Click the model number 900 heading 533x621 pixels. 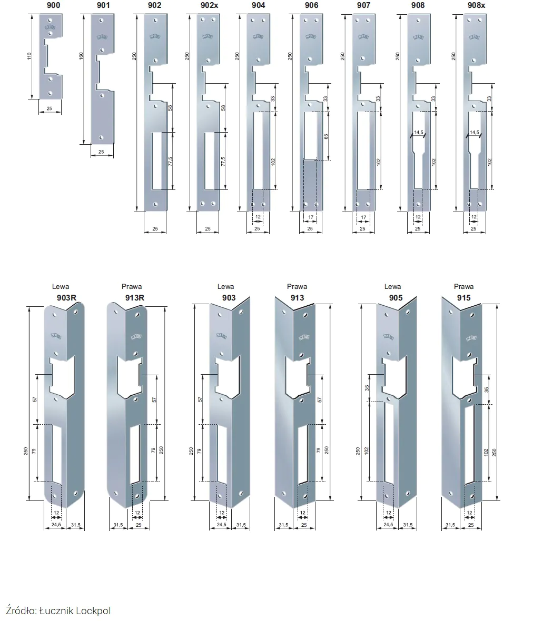coord(54,5)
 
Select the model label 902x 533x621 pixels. coord(210,5)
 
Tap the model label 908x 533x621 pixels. coord(476,5)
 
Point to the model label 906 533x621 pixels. coord(311,5)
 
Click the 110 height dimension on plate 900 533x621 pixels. coord(29,56)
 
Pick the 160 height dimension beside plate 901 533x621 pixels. coord(81,56)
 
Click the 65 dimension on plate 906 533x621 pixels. coord(326,136)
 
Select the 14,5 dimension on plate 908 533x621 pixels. coord(419,132)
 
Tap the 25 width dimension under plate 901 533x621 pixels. coord(101,152)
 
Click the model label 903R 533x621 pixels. coord(66,298)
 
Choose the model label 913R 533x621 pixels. coord(135,298)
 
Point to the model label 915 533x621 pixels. coord(463,298)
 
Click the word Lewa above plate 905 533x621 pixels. coord(392,286)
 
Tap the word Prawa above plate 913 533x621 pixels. coord(297,286)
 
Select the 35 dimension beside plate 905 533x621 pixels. coord(367,388)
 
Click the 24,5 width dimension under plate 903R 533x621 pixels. coord(56,525)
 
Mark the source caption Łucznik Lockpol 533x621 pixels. coord(75,610)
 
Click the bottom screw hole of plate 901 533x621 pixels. coord(101,138)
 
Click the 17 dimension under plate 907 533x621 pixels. coord(363,217)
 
